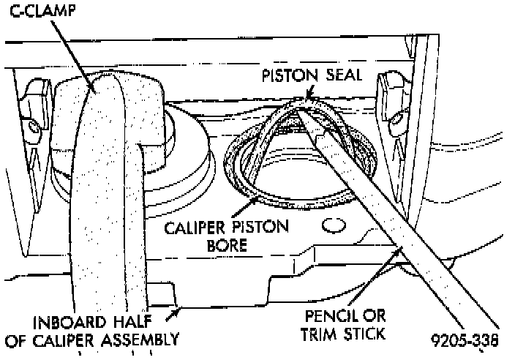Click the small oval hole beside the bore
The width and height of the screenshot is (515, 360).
click(x=334, y=223)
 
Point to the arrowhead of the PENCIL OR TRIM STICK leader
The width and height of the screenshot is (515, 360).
click(x=399, y=251)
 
